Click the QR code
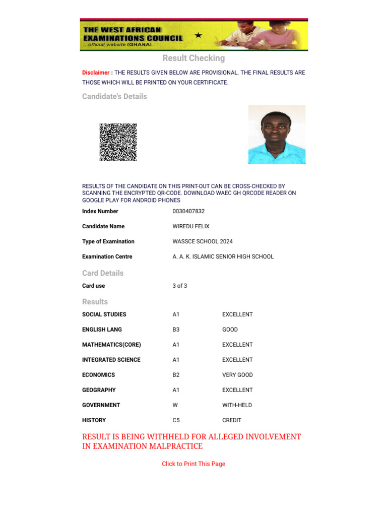pos(118,142)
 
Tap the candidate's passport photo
pos(277,135)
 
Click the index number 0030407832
pos(188,211)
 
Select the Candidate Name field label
pos(103,226)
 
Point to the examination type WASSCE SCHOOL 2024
pos(203,241)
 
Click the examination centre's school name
pos(223,256)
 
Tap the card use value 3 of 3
pos(179,286)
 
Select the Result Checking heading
pos(193,58)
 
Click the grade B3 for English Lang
pos(176,330)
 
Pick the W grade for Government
pos(175,405)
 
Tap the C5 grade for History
pos(176,420)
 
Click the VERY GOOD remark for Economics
pos(237,375)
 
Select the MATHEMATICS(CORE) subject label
pos(111,345)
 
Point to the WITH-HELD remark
pos(237,405)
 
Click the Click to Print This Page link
pos(193,464)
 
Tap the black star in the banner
pos(198,35)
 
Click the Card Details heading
pos(103,273)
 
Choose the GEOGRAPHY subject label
pos(99,390)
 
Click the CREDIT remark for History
pos(232,420)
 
